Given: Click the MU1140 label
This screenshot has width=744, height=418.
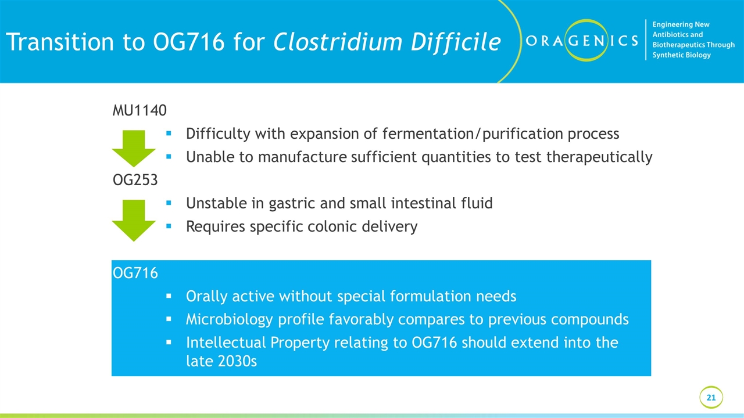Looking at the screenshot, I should [139, 110].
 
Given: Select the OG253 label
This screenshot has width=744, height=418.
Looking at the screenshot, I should [135, 180].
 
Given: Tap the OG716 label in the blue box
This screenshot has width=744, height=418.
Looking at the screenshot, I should [135, 273].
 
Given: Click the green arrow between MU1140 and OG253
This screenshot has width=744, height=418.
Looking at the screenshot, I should [134, 149].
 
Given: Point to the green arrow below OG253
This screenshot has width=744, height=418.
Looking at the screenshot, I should [134, 219].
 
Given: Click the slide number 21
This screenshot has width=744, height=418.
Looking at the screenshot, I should [711, 398].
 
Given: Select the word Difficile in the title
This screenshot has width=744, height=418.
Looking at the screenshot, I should [453, 42].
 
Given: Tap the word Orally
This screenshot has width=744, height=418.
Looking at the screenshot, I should [206, 296].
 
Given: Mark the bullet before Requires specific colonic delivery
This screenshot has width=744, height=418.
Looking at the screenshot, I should [168, 226].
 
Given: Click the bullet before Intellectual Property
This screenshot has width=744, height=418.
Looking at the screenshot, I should [168, 343].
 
